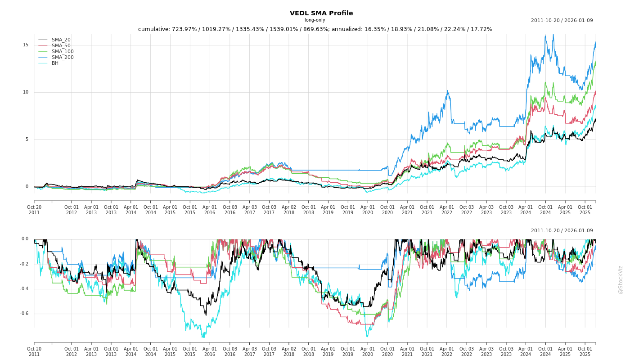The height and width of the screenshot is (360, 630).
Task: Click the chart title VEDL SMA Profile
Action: tap(321, 13)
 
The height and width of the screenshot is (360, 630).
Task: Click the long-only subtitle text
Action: tap(315, 20)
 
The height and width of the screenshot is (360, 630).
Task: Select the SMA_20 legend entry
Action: tap(61, 40)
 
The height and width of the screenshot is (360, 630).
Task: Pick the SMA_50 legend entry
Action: tap(61, 46)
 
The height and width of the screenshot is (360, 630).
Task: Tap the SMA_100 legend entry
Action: tap(62, 52)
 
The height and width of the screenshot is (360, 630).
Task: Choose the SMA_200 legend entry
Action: tap(62, 58)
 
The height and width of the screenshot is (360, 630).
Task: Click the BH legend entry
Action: tap(55, 63)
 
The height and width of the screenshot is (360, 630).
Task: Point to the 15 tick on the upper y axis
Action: tap(26, 45)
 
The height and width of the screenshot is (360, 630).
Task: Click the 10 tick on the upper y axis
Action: tap(26, 92)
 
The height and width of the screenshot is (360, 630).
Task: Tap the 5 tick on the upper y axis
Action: tap(27, 139)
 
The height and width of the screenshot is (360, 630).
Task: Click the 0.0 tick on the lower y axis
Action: tap(25, 239)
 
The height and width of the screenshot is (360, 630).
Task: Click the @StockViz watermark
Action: tap(621, 279)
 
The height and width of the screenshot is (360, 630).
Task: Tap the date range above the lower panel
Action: tap(562, 231)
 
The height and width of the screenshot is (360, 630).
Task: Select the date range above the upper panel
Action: tap(562, 21)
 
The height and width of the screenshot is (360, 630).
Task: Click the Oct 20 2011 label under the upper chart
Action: tap(34, 210)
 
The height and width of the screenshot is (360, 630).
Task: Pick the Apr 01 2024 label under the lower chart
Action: tap(526, 351)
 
